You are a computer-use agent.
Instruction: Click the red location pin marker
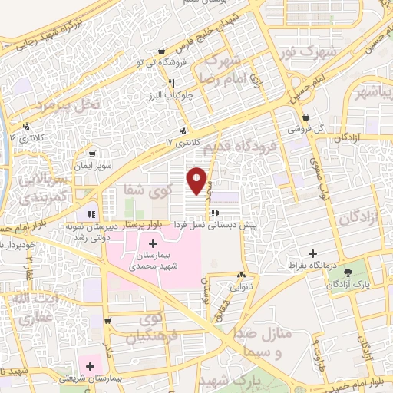click(197, 180)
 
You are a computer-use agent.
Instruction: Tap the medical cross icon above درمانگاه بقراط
click(312, 253)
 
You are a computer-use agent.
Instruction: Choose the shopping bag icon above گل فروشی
click(305, 117)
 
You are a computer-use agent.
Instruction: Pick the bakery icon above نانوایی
click(242, 275)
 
